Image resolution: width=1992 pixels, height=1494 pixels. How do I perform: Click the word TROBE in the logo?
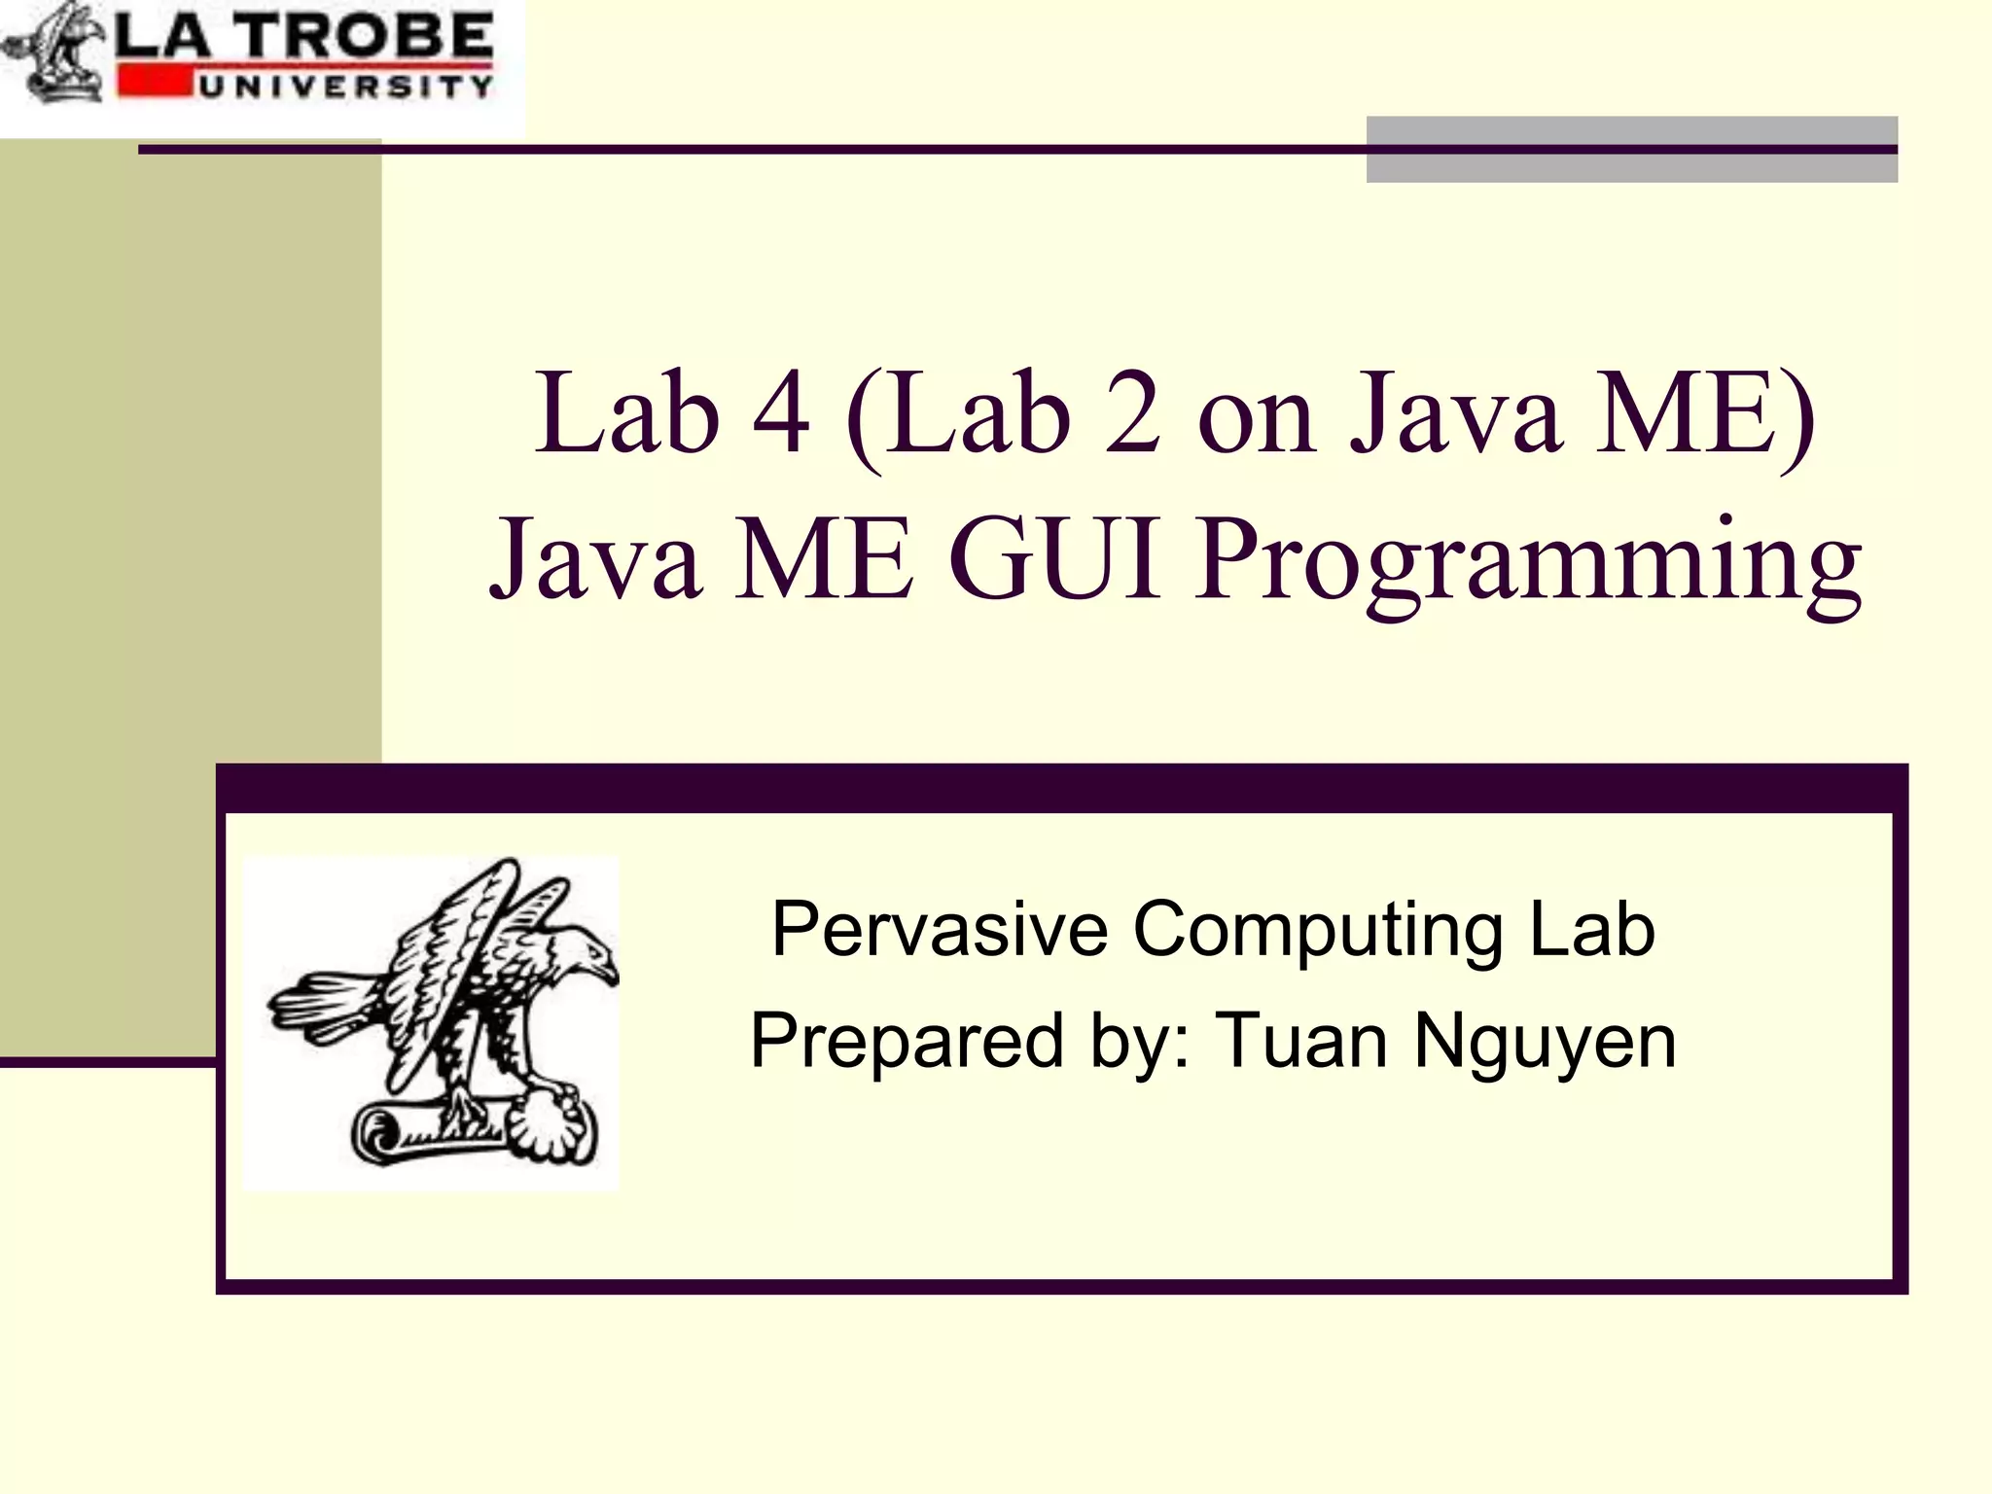point(367,36)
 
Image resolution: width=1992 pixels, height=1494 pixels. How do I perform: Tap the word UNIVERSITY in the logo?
point(345,87)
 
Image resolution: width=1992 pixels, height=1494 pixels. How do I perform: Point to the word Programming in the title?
point(1527,564)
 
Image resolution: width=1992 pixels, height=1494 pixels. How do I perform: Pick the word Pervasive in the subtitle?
point(939,929)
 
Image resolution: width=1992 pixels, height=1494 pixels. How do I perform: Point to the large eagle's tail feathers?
point(321,1007)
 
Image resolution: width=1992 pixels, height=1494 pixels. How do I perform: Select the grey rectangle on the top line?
point(1631,149)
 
